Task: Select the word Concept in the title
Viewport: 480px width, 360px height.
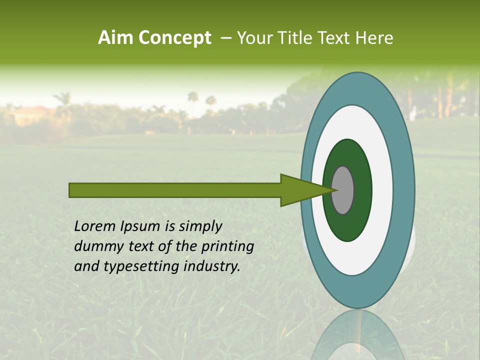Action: pos(175,38)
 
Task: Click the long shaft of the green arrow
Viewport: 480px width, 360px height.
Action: pos(175,190)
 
